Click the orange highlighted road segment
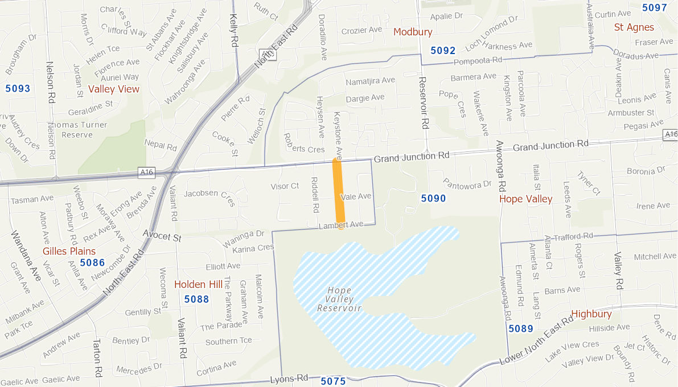coord(339,191)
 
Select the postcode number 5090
coord(433,199)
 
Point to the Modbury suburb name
coord(413,32)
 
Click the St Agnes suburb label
coord(634,27)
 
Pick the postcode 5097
coord(654,7)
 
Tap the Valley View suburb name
coord(113,89)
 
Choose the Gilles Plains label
coord(69,251)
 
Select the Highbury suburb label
coord(591,314)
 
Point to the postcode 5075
coord(333,381)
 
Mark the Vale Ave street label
coord(356,196)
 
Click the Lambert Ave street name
coord(340,225)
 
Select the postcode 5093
coord(18,88)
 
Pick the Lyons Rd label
coord(289,378)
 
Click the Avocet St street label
coord(162,236)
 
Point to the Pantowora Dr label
coord(467,184)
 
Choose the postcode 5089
coord(520,328)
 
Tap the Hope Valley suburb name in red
coord(525,199)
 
